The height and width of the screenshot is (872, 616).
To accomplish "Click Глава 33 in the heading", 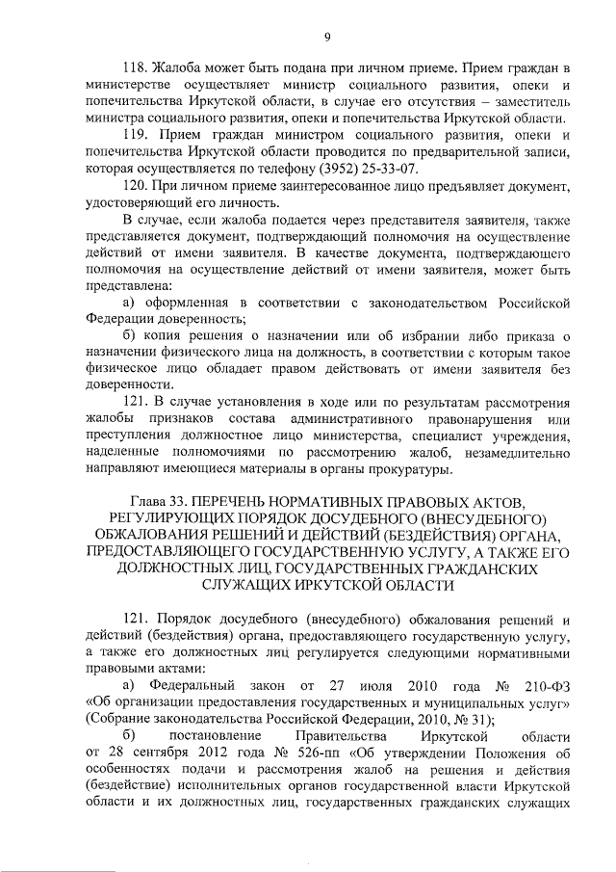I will click(158, 503).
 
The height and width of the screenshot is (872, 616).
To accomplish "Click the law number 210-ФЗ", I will click(546, 684).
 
